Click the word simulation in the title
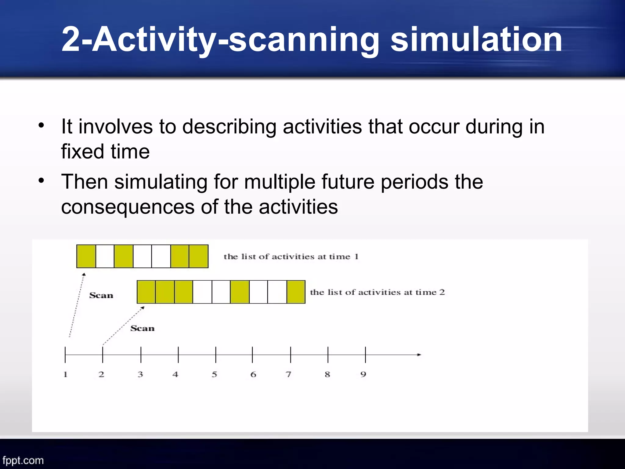coord(476,40)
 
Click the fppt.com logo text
coord(23,460)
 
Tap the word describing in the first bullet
coord(229,127)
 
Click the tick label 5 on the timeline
coord(215,374)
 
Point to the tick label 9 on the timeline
coord(363,374)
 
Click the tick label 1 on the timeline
coord(65,374)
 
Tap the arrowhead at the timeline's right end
coord(419,354)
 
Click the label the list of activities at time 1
coord(291,256)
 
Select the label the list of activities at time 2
coord(378,292)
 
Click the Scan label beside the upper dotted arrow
coord(101,295)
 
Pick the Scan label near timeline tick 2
coord(143,328)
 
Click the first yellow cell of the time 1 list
coord(86,256)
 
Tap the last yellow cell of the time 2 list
coord(296,292)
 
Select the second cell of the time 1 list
coord(105,256)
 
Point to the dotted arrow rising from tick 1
coord(77,305)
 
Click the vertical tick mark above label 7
coord(291,354)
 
